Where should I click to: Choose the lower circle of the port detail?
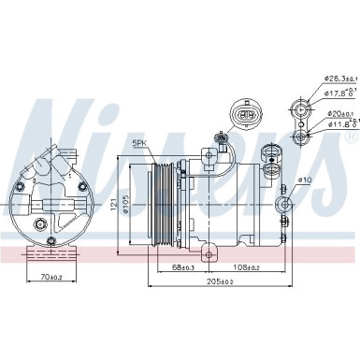click(x=301, y=138)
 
